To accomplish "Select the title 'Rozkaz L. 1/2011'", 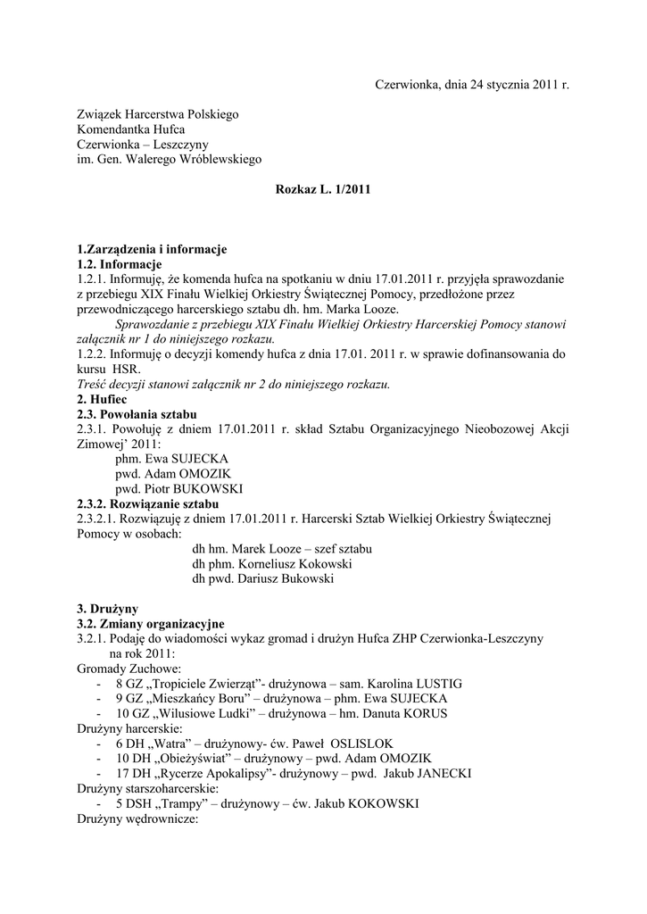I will click(323, 190).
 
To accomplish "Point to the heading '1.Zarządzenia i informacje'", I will click(153, 249).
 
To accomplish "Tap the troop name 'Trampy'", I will click(178, 803).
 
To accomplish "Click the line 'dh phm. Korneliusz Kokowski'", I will click(272, 564).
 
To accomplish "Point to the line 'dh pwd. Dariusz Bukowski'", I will click(263, 579).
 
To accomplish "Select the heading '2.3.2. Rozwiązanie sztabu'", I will click(147, 504).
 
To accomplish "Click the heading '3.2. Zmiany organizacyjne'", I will click(151, 623).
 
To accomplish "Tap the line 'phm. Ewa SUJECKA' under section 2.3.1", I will click(171, 459).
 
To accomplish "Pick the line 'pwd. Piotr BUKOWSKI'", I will click(178, 489).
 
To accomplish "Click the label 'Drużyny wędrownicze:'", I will click(137, 818).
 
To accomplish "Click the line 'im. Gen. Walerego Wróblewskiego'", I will click(169, 160).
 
